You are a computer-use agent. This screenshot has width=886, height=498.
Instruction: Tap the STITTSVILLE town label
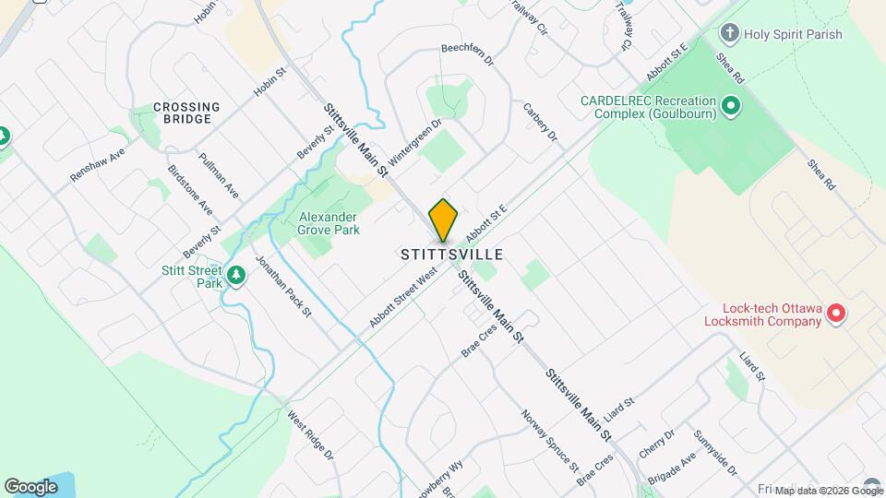452,254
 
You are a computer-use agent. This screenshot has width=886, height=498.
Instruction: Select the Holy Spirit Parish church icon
729,35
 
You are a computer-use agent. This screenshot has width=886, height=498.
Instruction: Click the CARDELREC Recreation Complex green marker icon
731,106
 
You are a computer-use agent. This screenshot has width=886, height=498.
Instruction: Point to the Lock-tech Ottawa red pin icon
836,314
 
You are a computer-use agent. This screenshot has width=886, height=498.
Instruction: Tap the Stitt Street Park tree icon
236,276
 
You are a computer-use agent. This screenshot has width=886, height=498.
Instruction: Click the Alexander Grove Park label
329,223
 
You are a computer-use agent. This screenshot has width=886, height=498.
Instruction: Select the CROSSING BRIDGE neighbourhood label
186,113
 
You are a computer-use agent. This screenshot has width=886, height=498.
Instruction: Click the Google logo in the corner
30,486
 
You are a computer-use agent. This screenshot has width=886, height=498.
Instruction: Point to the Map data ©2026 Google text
816,491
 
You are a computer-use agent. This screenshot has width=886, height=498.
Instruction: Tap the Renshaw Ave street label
97,165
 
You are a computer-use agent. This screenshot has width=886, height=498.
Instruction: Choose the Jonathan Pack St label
283,287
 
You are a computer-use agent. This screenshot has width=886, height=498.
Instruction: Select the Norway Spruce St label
548,439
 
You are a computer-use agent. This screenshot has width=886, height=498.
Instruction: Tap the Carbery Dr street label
541,122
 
